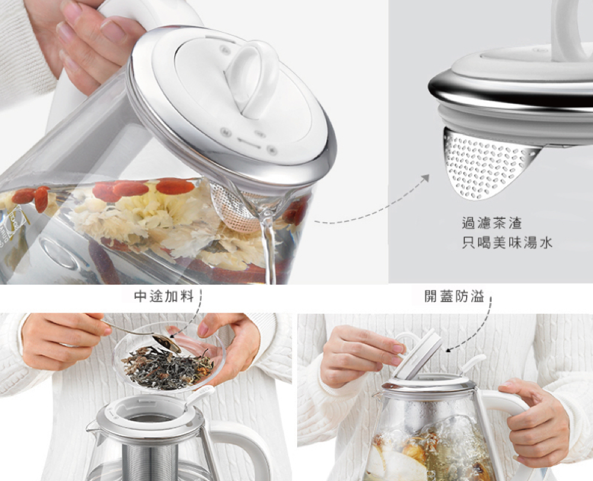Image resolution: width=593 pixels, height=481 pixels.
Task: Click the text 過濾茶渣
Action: point(492,223)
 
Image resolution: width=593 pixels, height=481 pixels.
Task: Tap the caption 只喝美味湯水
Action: point(507,243)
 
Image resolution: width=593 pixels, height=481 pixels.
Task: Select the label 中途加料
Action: point(164,296)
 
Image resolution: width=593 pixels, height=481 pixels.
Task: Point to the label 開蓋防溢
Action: point(454,297)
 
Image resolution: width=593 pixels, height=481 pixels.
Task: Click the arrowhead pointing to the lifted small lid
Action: point(448,350)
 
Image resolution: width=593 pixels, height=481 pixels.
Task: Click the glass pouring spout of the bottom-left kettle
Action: point(94,431)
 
